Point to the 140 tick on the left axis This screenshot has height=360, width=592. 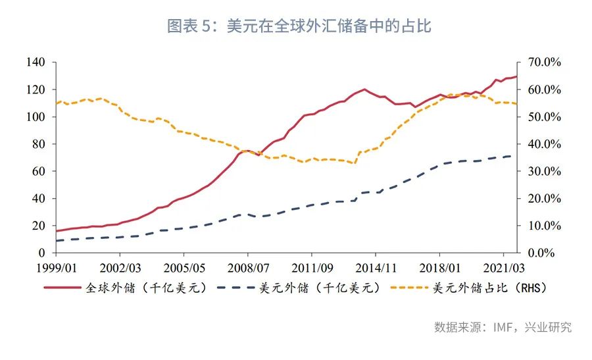point(37,63)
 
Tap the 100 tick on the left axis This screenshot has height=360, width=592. point(37,117)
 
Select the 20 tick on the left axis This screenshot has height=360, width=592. point(39,226)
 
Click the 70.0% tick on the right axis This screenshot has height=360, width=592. point(543,63)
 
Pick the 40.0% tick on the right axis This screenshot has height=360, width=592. point(543,144)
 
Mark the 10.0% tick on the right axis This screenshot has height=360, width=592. point(543,226)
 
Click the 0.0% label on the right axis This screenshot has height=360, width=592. point(545,253)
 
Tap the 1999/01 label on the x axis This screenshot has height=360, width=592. point(56,269)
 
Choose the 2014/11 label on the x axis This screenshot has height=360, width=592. point(375,269)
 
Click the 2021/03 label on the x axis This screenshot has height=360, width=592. point(503,269)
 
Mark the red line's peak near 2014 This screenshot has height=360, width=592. point(364,89)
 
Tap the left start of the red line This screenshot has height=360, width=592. point(56,231)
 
